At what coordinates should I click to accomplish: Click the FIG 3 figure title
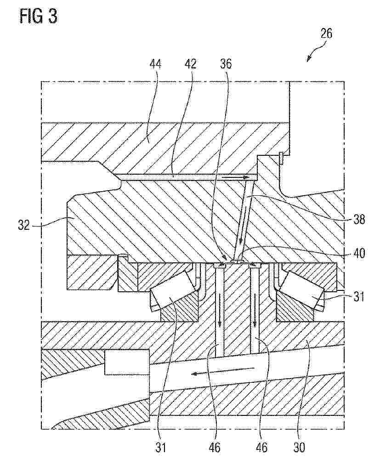pos(39,16)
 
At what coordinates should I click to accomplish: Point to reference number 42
pos(190,64)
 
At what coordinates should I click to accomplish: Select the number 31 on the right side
pos(359,297)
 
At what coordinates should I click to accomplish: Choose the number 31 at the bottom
pos(161,447)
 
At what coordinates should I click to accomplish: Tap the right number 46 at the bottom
pos(261,447)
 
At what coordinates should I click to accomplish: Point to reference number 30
pos(298,447)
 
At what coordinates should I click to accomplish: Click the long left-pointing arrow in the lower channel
pos(223,371)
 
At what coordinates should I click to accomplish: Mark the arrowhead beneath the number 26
pos(308,59)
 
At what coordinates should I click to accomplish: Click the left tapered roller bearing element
pos(170,298)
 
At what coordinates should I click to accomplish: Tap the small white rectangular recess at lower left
pos(127,362)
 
